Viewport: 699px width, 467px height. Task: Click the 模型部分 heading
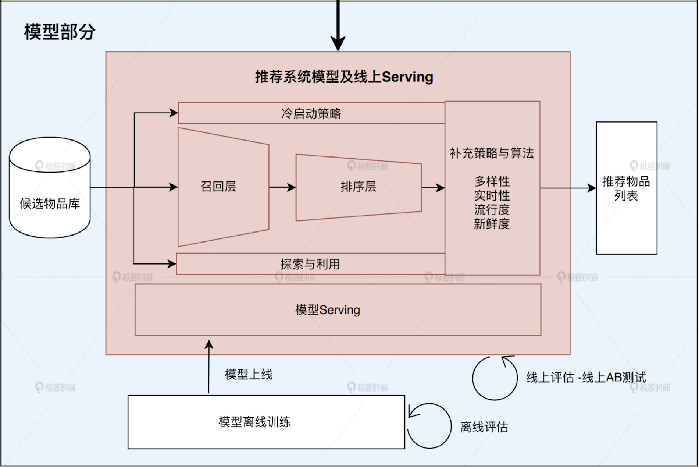[x=60, y=32]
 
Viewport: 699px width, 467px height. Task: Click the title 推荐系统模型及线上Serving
[x=344, y=77]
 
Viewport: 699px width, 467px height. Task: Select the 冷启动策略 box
[x=311, y=113]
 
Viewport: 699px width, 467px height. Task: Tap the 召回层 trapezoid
[x=219, y=187]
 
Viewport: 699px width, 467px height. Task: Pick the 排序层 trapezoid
[x=358, y=187]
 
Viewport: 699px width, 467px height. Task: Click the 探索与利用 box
[x=310, y=264]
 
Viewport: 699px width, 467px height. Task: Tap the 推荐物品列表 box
[x=626, y=188]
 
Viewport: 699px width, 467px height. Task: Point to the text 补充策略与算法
[x=492, y=153]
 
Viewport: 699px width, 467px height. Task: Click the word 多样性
[x=492, y=181]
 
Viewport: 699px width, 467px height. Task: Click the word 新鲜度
[x=492, y=224]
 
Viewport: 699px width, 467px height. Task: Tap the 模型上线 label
[x=249, y=375]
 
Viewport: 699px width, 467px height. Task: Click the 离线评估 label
[x=484, y=427]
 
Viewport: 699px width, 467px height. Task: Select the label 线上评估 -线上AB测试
[x=586, y=378]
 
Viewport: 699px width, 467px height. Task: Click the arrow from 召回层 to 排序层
[x=282, y=187]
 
